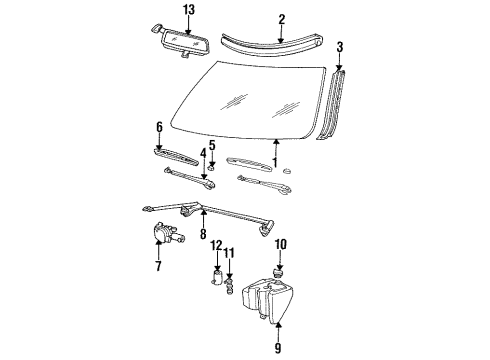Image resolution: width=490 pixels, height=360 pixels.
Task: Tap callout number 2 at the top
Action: pos(282,18)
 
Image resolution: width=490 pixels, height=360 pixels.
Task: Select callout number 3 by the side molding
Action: pos(340,47)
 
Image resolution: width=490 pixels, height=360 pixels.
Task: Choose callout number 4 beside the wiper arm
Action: pos(202,154)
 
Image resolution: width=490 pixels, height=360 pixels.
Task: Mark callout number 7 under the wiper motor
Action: pos(158,268)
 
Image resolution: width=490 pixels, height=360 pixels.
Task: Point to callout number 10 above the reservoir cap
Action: pos(281,243)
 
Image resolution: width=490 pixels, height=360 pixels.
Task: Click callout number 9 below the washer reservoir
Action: pos(279,349)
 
